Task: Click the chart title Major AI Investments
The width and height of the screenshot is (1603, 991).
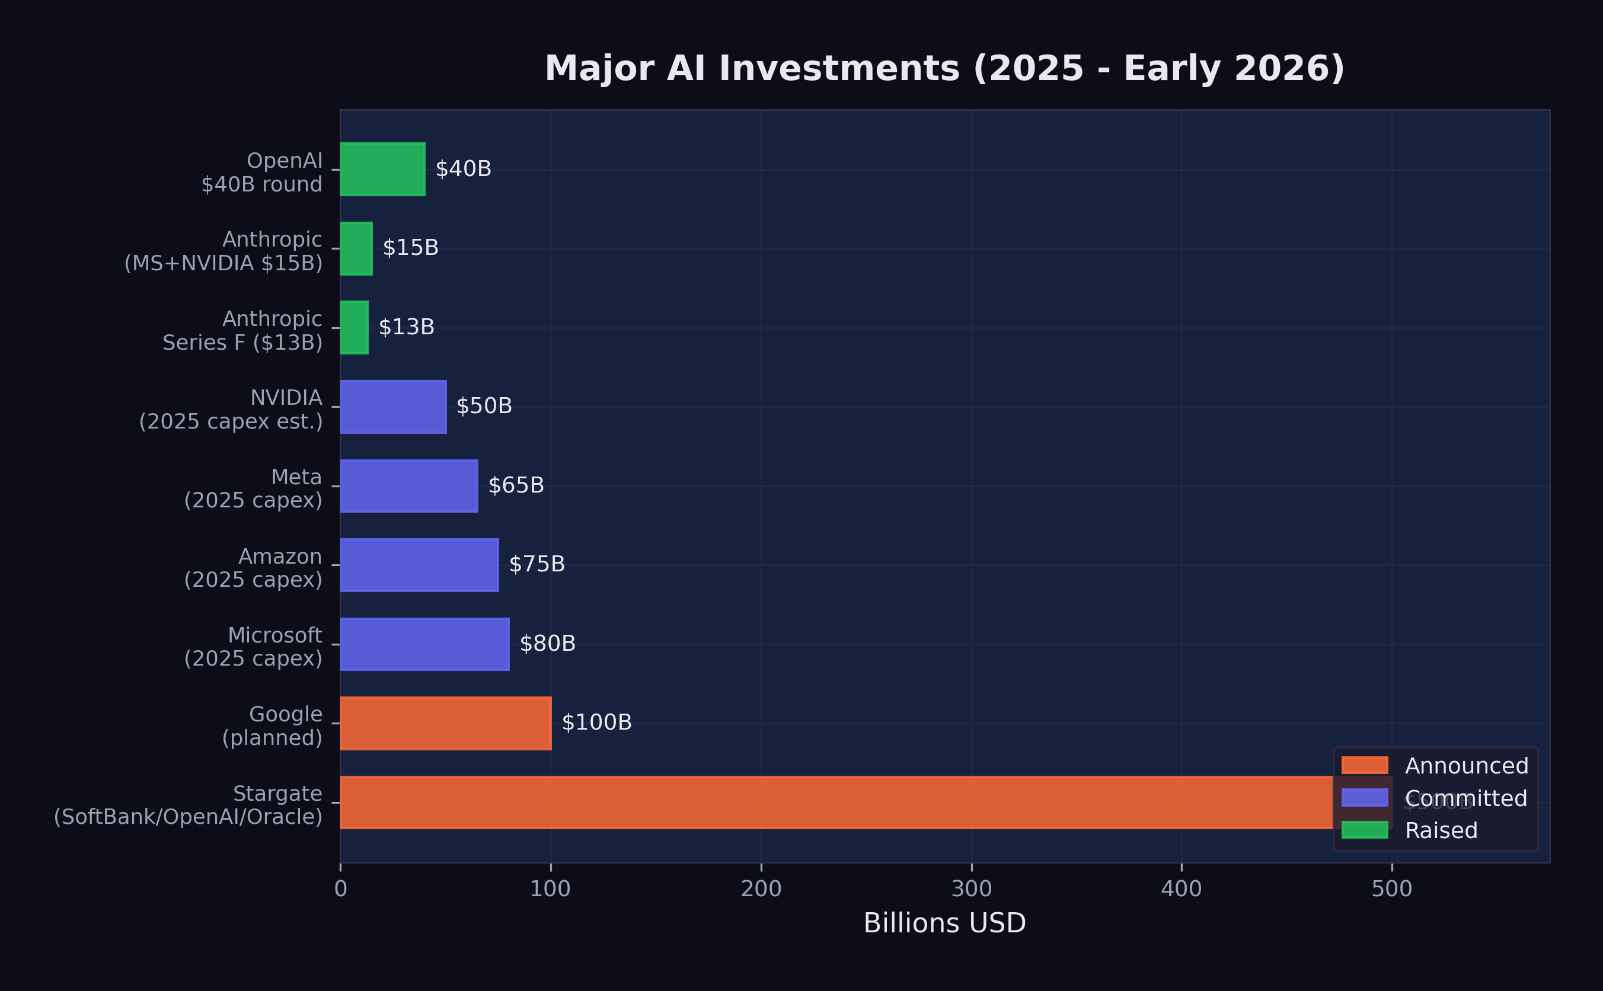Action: click(x=944, y=69)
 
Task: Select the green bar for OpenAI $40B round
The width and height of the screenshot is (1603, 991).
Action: click(x=383, y=169)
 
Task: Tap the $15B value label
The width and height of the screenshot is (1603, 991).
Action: click(x=410, y=248)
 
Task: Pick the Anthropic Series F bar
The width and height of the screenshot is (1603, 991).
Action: click(x=355, y=328)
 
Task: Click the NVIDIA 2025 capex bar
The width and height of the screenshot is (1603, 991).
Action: click(x=393, y=407)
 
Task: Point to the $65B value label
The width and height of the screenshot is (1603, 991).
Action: click(x=516, y=485)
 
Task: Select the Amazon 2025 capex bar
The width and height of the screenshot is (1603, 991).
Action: click(x=420, y=565)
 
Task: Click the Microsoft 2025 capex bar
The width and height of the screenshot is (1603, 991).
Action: click(x=424, y=644)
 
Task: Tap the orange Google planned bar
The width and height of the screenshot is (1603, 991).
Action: click(x=446, y=723)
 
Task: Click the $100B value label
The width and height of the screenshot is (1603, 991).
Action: click(x=596, y=723)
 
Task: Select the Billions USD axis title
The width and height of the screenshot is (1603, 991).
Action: click(x=944, y=923)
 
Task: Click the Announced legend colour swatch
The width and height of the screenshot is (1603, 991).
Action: click(x=1365, y=766)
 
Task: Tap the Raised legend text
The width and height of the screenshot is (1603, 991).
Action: click(x=1441, y=830)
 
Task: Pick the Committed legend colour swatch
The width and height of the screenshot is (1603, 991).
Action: click(x=1365, y=798)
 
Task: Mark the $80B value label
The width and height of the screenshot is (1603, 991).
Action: click(x=547, y=644)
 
